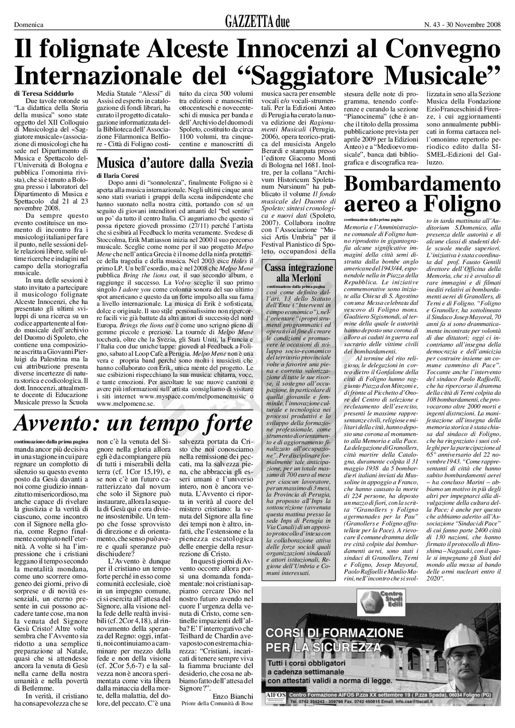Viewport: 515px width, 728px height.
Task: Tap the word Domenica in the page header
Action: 29,25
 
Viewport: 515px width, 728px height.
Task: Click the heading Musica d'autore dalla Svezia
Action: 175,163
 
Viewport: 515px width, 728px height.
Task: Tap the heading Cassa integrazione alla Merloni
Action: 299,273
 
